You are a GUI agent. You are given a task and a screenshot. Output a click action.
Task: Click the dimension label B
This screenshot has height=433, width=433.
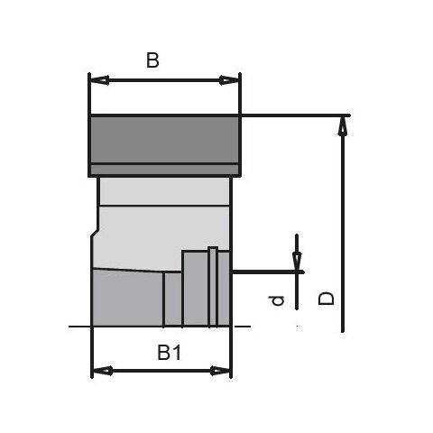coord(152,60)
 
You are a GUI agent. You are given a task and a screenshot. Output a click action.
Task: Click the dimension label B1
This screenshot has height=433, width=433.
coord(169,353)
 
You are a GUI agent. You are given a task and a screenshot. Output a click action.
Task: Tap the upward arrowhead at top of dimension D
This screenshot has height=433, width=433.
coord(342,125)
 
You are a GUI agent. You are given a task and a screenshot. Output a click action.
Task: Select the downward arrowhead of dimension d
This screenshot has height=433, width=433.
coord(298,262)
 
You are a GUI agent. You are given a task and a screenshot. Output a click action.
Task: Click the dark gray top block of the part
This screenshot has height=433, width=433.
coord(164,139)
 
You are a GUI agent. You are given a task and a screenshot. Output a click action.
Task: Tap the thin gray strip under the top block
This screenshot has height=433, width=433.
coord(164,170)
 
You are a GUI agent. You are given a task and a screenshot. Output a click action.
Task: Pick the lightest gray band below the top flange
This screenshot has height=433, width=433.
coord(164,190)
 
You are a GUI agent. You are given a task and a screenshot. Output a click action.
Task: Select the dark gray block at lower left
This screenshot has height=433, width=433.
coord(126,299)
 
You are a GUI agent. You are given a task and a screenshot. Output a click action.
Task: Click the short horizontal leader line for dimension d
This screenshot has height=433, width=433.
coord(266,271)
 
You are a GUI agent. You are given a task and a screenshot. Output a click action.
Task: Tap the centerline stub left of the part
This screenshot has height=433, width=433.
coord(79,326)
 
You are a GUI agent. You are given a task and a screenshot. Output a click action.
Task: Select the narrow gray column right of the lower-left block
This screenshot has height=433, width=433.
coord(172,300)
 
